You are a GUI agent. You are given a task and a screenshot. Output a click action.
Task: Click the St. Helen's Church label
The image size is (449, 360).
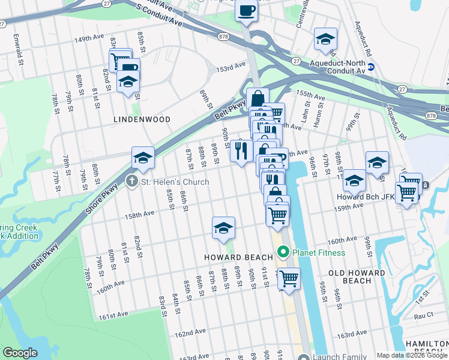coord(175,182)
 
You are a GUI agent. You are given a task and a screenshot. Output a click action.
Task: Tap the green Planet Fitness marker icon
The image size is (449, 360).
coord(283,253)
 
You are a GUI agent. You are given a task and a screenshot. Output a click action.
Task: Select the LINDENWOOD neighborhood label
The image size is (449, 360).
coord(142,119)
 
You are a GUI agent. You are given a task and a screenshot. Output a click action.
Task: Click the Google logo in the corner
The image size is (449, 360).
coord(20,352)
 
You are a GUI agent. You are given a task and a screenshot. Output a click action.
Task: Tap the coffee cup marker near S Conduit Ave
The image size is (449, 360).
coord(247,11)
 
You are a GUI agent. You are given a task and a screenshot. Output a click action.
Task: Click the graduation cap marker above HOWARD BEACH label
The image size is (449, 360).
coord(223,228)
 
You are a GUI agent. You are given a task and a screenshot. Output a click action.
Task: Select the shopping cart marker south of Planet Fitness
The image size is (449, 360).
coord(289,278)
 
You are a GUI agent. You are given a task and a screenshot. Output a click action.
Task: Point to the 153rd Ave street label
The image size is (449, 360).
coord(231,68)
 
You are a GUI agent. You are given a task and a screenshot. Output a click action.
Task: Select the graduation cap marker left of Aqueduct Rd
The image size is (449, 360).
coord(325,39)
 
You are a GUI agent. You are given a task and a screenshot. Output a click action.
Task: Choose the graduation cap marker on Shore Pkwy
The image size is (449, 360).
coord(143,158)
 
